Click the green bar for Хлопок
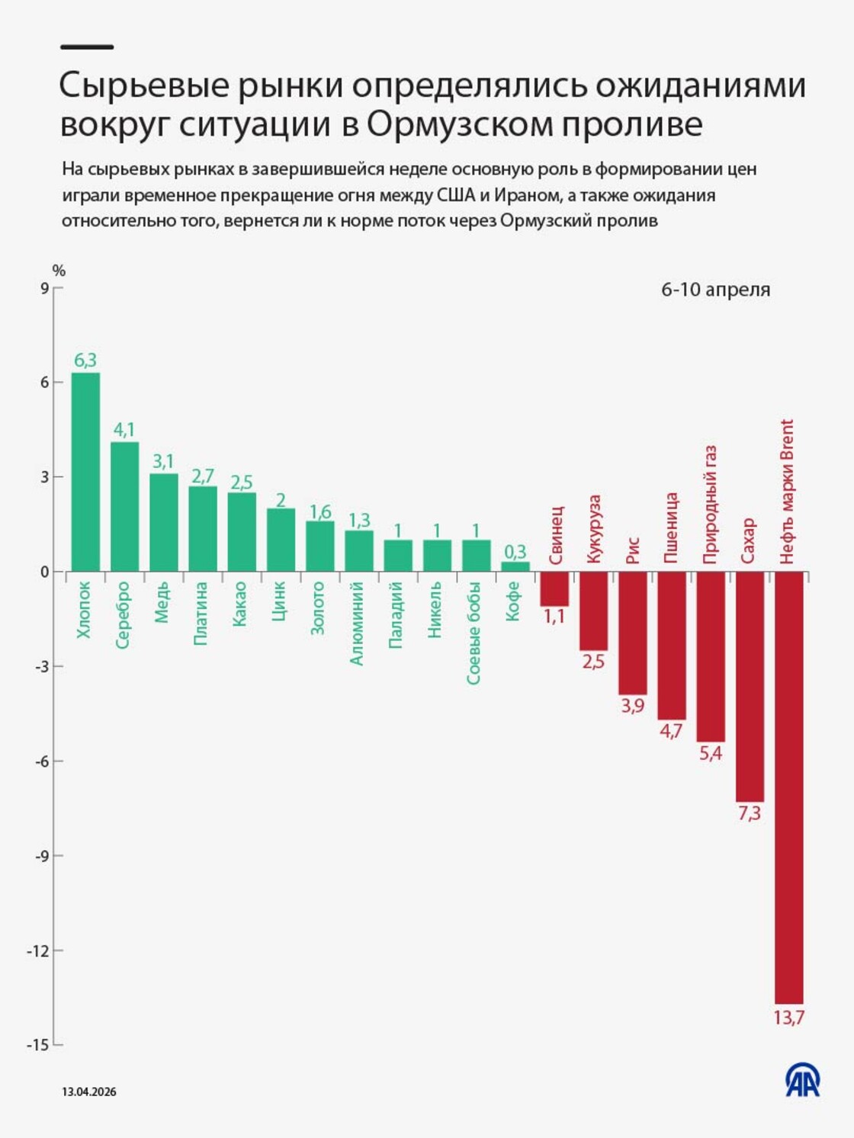[85, 472]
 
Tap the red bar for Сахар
[750, 686]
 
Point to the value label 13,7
[788, 1018]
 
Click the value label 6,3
[85, 361]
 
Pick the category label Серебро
[123, 615]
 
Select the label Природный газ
[710, 505]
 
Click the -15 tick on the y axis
[37, 1045]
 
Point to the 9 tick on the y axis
[44, 288]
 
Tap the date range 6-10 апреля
[715, 290]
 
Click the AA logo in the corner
[803, 1080]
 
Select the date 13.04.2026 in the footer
[89, 1092]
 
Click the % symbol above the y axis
[59, 271]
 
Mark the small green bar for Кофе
[515, 566]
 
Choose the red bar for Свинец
[554, 588]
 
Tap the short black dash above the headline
[87, 47]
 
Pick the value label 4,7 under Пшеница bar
[671, 731]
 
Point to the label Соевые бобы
[474, 633]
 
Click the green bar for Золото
[320, 546]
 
